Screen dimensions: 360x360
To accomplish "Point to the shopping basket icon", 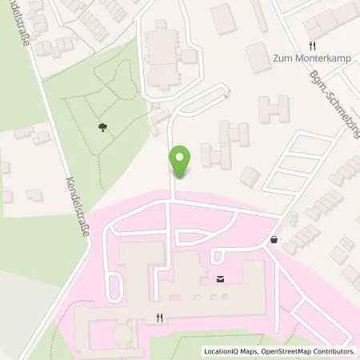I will coord(275,239).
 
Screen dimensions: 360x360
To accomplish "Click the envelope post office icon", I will coord(220,279).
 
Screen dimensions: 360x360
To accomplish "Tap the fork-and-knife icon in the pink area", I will coord(160,318).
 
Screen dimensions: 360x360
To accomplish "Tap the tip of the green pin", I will coord(182,177).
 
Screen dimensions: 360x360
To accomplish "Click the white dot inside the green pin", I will coord(182,156).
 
